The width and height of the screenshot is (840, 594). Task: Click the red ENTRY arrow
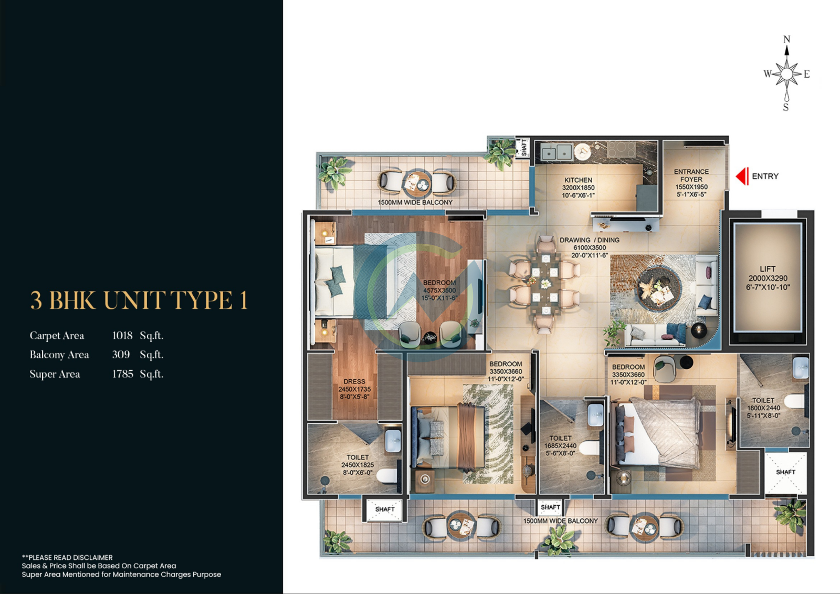[x=742, y=176]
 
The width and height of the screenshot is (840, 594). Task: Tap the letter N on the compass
[x=787, y=39]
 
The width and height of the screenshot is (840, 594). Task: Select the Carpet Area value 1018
[x=122, y=336]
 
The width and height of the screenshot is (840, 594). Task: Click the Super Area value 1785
[x=123, y=374]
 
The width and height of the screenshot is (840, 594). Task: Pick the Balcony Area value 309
[x=121, y=355]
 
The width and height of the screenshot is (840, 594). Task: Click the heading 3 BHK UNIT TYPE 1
[x=139, y=300]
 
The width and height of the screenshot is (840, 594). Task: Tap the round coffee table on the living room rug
[x=659, y=289]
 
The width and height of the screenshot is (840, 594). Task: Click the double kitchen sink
[x=556, y=152]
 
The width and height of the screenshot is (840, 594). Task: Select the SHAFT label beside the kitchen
[x=524, y=148]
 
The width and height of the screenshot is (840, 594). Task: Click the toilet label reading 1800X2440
[x=763, y=408]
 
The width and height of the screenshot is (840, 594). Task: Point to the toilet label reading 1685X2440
[x=560, y=446]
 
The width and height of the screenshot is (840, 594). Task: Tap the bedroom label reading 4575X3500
[x=439, y=290]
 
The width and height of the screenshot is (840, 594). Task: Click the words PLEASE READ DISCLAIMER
[x=70, y=558]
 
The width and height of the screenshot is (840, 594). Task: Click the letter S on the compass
[x=786, y=107]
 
